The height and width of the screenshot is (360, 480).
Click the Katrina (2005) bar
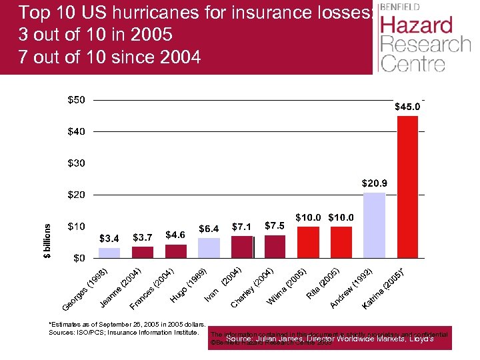407,187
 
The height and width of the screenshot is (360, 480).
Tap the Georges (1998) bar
109,253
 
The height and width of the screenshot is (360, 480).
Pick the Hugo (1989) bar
209,247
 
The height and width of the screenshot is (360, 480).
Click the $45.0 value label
407,107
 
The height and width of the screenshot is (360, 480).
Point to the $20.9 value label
374,183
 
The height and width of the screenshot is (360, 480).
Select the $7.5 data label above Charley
275,225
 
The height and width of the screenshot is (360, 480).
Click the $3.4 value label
109,237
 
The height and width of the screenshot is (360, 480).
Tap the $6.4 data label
209,228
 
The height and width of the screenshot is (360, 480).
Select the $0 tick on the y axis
79,257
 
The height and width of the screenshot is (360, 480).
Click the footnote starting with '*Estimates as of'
121,323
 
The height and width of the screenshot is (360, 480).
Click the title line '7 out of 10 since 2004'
109,56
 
